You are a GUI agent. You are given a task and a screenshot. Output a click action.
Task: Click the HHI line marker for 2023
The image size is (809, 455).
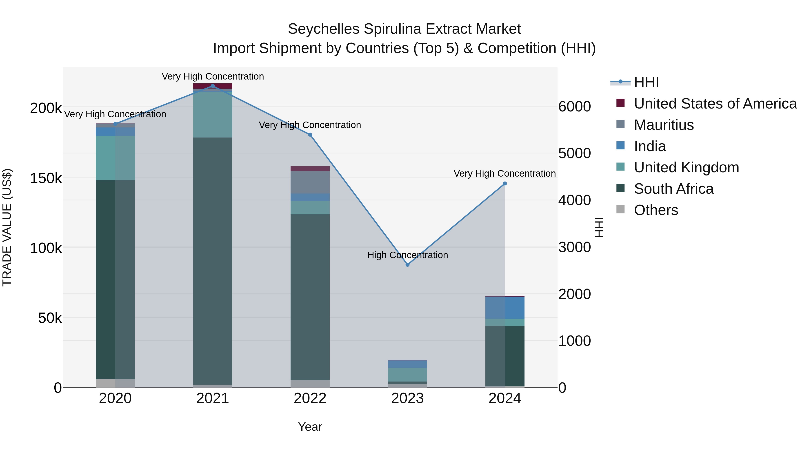click(407, 265)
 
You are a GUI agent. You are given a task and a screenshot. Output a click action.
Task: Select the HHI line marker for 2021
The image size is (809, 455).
click(213, 86)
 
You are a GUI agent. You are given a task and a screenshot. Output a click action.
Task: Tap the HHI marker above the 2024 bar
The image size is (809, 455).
click(505, 184)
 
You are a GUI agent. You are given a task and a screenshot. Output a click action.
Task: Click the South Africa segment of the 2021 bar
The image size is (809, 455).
click(213, 261)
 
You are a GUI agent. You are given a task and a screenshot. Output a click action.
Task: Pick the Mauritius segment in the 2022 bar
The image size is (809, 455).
click(310, 182)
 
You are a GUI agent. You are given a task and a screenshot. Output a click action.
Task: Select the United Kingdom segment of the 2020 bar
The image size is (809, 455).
click(115, 158)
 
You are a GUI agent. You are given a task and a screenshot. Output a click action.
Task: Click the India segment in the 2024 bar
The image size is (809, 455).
click(505, 308)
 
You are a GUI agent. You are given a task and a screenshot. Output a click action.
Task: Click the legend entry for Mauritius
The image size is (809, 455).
click(664, 125)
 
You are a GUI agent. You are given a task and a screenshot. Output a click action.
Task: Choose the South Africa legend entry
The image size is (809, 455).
click(674, 189)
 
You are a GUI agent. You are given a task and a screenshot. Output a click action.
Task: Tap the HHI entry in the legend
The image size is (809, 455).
click(646, 82)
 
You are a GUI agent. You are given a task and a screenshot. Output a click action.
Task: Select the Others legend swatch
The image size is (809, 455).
click(620, 209)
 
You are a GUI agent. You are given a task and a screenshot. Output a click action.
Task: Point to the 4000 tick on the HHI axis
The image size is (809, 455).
click(574, 200)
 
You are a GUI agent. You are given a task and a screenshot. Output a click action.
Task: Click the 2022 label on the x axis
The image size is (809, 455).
click(310, 398)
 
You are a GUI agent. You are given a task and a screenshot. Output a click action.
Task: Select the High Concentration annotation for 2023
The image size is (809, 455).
click(407, 255)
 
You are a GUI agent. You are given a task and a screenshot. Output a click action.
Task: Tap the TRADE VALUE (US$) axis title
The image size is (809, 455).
click(7, 227)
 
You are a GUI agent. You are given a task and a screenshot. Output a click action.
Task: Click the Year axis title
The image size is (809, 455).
click(310, 427)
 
